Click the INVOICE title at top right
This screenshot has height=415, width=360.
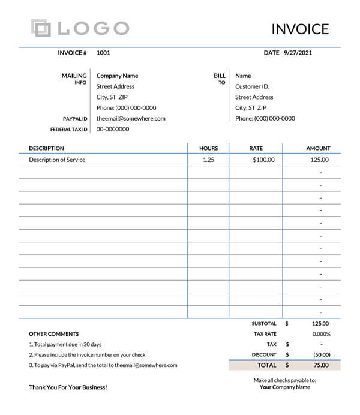click(300, 29)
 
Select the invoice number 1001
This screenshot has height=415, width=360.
click(103, 53)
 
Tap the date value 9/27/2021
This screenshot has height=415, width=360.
click(298, 53)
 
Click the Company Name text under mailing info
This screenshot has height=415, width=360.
click(117, 76)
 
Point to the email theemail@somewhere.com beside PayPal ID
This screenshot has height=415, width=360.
click(131, 119)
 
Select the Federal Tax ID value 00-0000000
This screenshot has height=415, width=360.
click(113, 129)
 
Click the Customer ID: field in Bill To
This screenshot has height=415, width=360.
click(252, 86)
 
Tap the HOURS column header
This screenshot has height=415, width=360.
click(208, 148)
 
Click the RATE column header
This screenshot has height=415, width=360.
click(256, 148)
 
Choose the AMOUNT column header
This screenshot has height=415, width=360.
click(318, 148)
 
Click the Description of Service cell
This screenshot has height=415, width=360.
click(57, 160)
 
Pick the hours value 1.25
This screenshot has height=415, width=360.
click(208, 160)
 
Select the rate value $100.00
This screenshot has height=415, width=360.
click(263, 160)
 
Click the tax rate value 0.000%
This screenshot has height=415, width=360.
click(321, 334)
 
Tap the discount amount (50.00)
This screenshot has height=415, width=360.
click(322, 354)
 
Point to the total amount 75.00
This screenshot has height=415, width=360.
click(321, 365)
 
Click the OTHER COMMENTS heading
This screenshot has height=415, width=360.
click(53, 334)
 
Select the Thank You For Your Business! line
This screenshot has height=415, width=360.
click(68, 387)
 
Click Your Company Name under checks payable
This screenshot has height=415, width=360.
click(284, 387)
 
